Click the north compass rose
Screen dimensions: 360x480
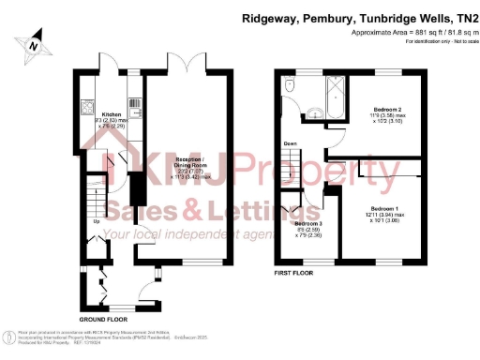pyautogui.click(x=35, y=43)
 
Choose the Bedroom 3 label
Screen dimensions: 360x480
pyautogui.click(x=309, y=224)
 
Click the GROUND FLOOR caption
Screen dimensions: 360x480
pyautogui.click(x=103, y=320)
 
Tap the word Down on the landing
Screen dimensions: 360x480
pyautogui.click(x=291, y=143)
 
